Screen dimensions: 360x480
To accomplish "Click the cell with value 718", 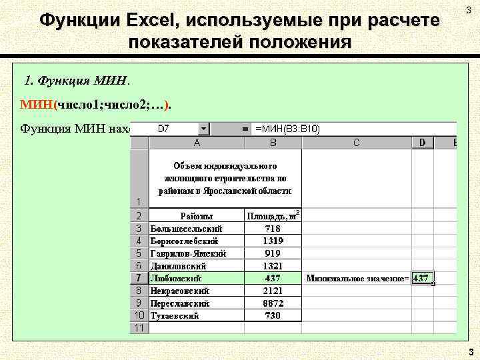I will pyautogui.click(x=273, y=229).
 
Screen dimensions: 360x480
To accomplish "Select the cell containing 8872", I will pyautogui.click(x=273, y=303).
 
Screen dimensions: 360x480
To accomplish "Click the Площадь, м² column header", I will pyautogui.click(x=273, y=216).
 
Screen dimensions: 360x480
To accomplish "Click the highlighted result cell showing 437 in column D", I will pyautogui.click(x=422, y=278).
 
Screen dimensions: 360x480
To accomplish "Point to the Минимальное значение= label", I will pyautogui.click(x=357, y=278).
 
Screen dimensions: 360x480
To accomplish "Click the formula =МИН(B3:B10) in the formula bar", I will pyautogui.click(x=287, y=129).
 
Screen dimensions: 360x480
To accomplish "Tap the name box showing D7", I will pyautogui.click(x=167, y=129).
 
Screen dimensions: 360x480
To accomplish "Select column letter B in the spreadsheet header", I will pyautogui.click(x=273, y=142).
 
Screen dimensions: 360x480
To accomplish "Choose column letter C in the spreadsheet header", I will pyautogui.click(x=357, y=142).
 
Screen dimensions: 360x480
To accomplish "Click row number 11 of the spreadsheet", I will pyautogui.click(x=139, y=328).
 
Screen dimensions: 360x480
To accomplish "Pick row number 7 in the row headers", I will pyautogui.click(x=139, y=278).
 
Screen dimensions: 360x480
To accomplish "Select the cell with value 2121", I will pyautogui.click(x=273, y=291).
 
